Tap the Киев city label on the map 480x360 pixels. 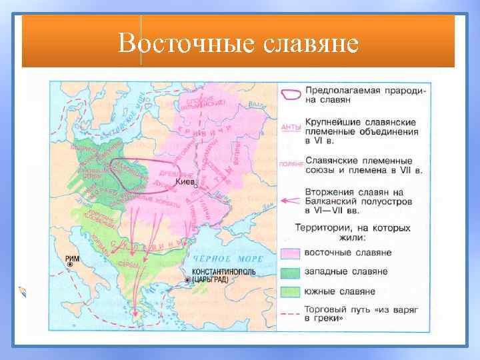pyautogui.click(x=186, y=181)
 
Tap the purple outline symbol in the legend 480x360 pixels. pyautogui.click(x=290, y=94)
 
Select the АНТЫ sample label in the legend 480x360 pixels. pyautogui.click(x=290, y=127)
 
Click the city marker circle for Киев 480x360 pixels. pyautogui.click(x=195, y=188)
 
